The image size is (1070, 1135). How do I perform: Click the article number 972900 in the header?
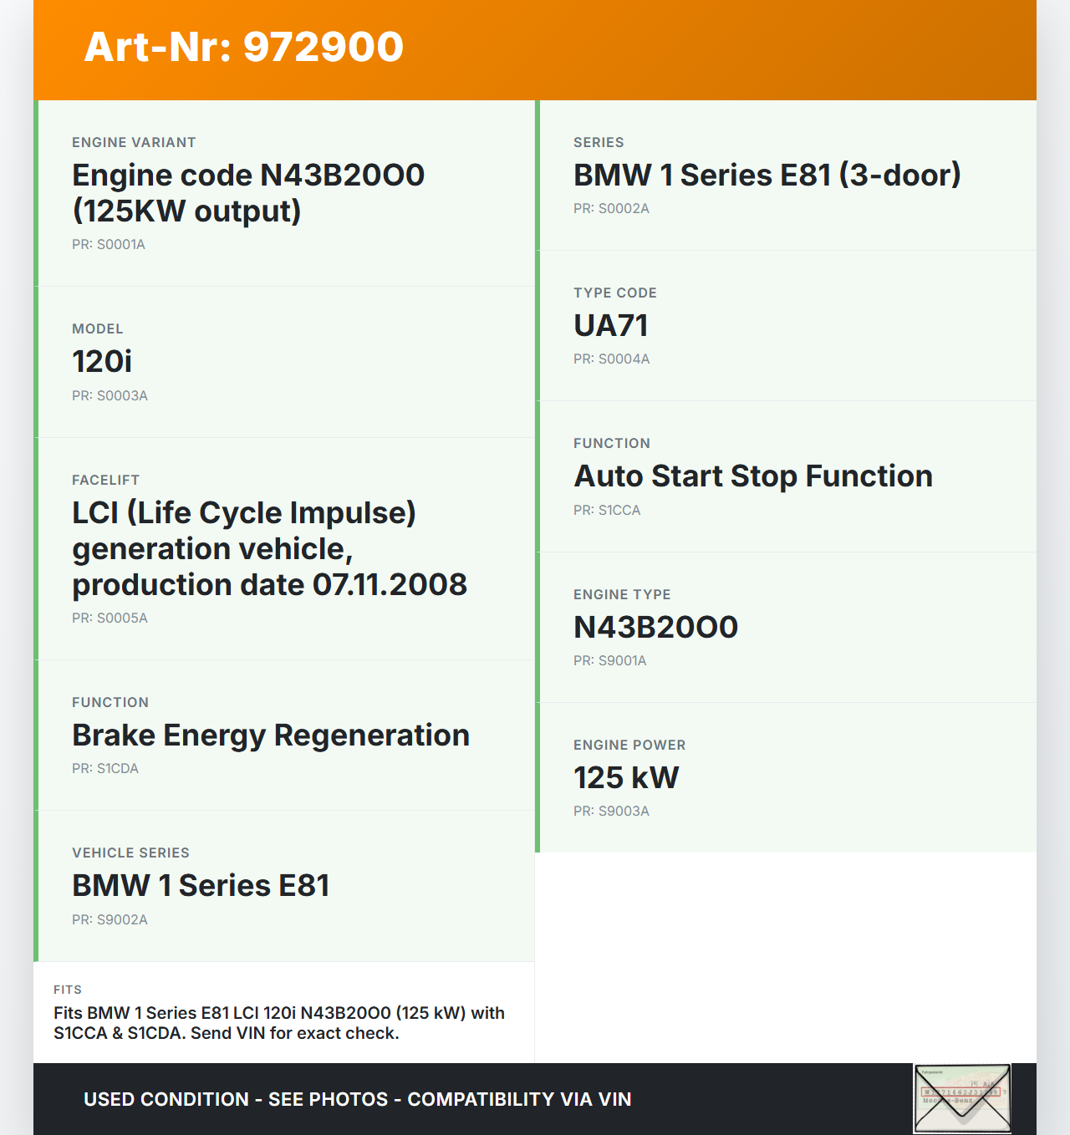pos(324,47)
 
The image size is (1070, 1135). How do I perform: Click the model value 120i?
pos(102,362)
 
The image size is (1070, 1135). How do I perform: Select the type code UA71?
pos(611,326)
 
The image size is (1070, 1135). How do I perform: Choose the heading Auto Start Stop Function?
pos(753,476)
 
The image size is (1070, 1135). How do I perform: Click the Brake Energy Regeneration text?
pos(271,735)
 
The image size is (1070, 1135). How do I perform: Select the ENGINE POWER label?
pos(629,745)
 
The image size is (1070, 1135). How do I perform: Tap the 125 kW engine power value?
pos(626,778)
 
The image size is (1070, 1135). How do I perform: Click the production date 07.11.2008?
pos(390,585)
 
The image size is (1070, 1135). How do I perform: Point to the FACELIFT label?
pos(105,480)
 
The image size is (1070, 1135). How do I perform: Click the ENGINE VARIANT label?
pos(134,142)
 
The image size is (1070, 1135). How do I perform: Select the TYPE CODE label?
pos(615,293)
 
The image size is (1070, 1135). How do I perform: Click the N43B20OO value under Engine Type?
pos(655,628)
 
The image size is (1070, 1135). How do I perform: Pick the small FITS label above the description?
pos(68,990)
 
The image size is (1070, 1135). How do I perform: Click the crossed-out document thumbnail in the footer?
pos(962,1097)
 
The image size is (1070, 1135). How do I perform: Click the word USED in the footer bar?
pos(109,1100)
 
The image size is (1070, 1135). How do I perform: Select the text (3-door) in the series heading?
pos(900,176)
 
